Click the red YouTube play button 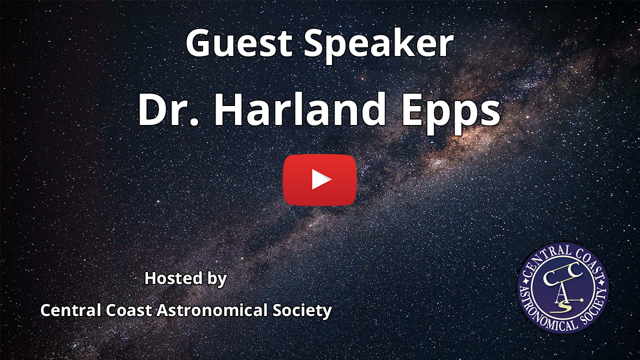[x=319, y=179]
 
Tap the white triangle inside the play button [x=321, y=179]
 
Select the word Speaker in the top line [x=378, y=45]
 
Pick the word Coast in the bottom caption [x=129, y=310]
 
